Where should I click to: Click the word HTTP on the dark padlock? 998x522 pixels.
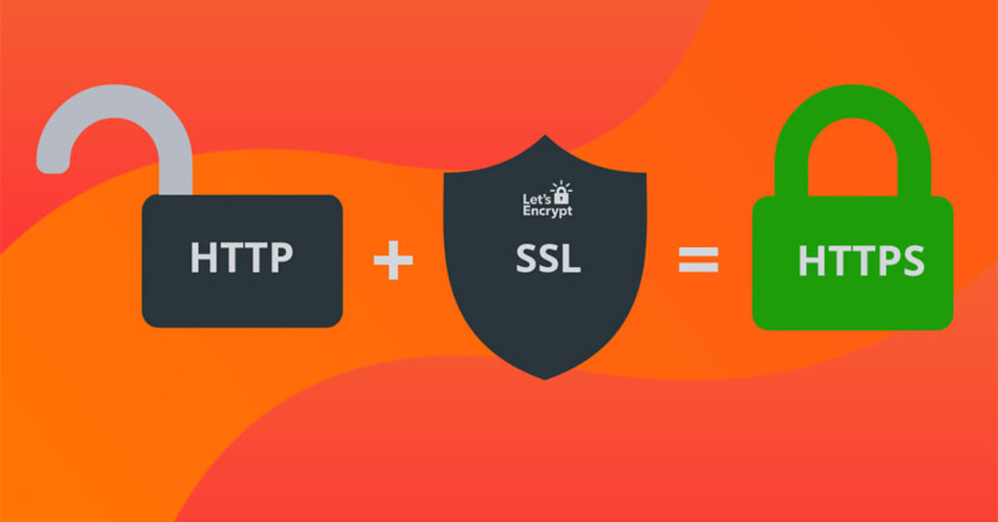(x=242, y=257)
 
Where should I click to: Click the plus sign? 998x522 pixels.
(x=393, y=260)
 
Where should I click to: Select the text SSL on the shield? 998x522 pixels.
(x=548, y=258)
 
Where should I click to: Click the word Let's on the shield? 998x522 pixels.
(x=536, y=199)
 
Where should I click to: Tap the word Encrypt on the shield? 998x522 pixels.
(x=547, y=211)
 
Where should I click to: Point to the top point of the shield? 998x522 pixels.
(x=545, y=135)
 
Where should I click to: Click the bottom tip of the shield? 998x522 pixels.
(x=545, y=380)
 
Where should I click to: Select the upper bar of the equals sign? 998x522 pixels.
(x=698, y=252)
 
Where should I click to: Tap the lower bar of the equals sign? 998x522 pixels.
(x=698, y=268)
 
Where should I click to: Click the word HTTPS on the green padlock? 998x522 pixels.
(x=862, y=260)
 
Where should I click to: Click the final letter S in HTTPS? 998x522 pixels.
(x=912, y=260)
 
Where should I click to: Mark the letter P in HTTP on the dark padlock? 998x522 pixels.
(x=282, y=257)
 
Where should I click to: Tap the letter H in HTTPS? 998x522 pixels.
(x=812, y=260)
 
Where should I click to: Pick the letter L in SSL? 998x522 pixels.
(x=571, y=258)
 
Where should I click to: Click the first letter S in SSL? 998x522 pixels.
(x=526, y=258)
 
